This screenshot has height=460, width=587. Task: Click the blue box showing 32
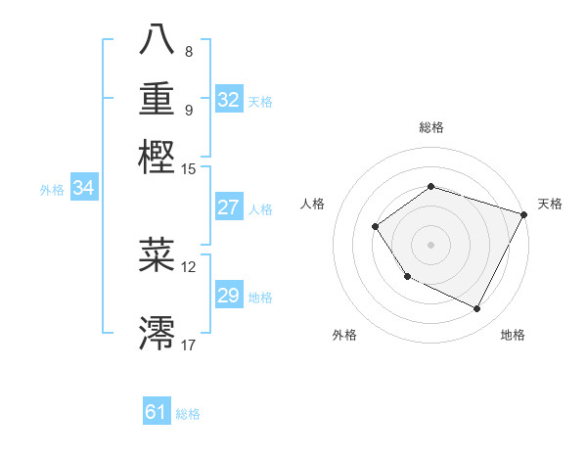(229, 100)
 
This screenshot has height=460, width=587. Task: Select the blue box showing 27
(229, 207)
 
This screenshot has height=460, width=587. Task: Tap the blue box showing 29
(229, 296)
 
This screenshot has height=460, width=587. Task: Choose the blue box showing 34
(83, 188)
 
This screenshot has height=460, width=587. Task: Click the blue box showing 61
(157, 412)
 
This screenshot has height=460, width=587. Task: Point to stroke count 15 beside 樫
(189, 169)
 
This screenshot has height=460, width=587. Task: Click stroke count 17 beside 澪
(189, 345)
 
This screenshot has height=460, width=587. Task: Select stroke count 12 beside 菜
(189, 266)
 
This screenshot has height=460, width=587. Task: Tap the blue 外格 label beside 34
(52, 190)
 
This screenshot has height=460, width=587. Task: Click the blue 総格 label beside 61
(188, 414)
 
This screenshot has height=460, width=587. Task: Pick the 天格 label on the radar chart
(550, 204)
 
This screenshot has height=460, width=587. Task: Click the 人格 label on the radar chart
(313, 204)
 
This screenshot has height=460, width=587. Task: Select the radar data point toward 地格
(477, 309)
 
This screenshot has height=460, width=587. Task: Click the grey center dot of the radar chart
(430, 245)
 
